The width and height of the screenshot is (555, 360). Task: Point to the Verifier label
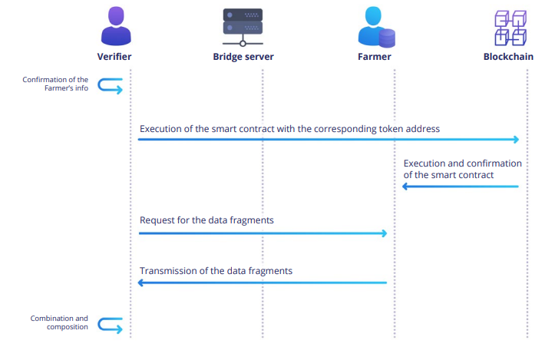[x=115, y=57]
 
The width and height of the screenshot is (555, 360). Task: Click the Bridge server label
[x=243, y=57]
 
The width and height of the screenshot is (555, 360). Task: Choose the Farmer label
[x=375, y=57]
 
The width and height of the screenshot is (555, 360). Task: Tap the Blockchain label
[x=509, y=57]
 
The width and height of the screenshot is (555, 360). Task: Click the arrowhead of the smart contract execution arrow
[x=517, y=140]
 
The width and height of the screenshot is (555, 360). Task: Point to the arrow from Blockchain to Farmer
[x=461, y=187]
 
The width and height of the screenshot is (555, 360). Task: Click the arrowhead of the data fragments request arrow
[x=384, y=233]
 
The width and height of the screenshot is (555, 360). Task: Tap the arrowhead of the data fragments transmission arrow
[x=141, y=283]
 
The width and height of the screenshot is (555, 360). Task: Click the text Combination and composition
[x=59, y=322]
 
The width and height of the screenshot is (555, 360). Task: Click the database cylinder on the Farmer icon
[x=387, y=36]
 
